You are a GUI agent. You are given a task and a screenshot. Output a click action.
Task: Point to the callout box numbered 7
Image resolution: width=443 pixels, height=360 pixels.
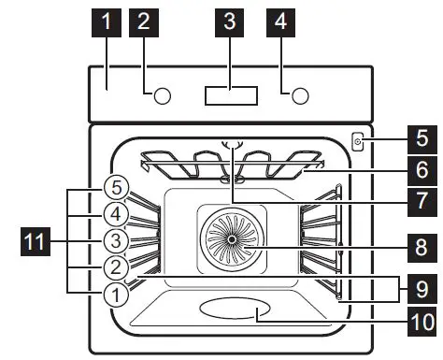pyautogui.click(x=422, y=200)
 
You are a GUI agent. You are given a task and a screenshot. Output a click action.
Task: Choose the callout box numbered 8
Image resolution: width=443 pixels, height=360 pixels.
pyautogui.click(x=422, y=248)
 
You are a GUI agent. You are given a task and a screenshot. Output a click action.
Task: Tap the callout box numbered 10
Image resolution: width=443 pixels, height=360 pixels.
pyautogui.click(x=422, y=323)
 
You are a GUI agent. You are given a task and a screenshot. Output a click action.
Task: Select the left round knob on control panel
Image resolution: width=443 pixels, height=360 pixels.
pyautogui.click(x=163, y=95)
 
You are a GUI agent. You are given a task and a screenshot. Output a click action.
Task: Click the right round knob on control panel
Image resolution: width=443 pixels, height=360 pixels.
pyautogui.click(x=300, y=95)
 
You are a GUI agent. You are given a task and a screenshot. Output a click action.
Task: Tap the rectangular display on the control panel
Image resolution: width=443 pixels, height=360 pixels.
pyautogui.click(x=230, y=95)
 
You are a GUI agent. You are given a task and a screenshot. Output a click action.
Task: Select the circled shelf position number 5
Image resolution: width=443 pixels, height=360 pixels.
pyautogui.click(x=113, y=185)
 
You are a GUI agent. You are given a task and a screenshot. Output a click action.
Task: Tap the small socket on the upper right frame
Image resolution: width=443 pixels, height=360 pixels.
pyautogui.click(x=359, y=142)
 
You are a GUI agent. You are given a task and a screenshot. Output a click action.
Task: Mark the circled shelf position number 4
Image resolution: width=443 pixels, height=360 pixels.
pyautogui.click(x=113, y=214)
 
